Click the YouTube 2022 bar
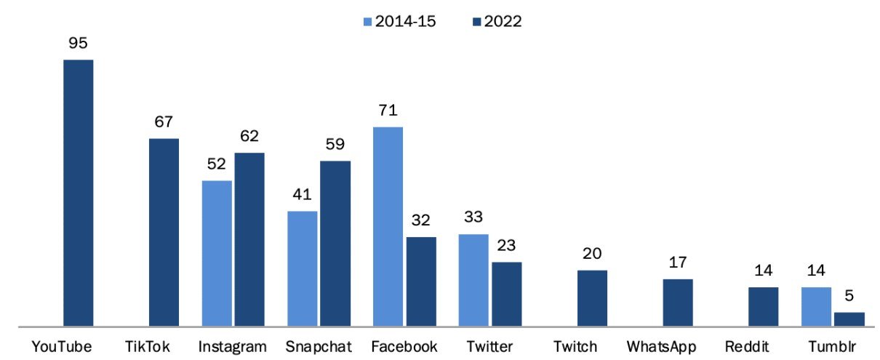78,193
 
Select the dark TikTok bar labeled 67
164,232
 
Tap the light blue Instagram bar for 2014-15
217,253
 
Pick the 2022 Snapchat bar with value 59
335,243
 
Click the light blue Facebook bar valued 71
388,226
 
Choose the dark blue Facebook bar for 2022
421,281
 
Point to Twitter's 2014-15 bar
473,280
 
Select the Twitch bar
593,298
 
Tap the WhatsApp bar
678,303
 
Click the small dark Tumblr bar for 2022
849,319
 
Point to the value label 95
78,44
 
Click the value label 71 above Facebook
388,111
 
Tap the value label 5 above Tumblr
849,297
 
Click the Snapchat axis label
319,347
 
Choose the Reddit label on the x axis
763,347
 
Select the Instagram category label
233,347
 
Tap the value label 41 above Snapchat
302,196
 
